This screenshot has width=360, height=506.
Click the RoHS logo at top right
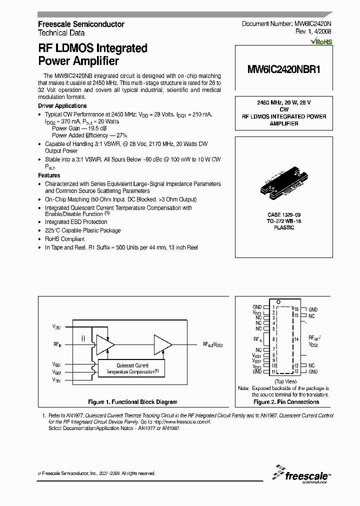pyautogui.click(x=321, y=42)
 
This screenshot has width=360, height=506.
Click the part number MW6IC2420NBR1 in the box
pyautogui.click(x=283, y=70)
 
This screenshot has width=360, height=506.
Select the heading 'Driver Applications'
pyautogui.click(x=62, y=106)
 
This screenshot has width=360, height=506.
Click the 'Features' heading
pyautogui.click(x=49, y=175)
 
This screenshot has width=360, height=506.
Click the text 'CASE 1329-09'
pyautogui.click(x=284, y=215)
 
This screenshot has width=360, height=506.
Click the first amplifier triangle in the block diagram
pyautogui.click(x=105, y=344)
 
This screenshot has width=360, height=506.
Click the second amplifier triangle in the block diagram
pyautogui.click(x=162, y=344)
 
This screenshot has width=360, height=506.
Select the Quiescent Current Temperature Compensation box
pyautogui.click(x=132, y=369)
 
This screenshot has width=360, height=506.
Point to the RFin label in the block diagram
pyautogui.click(x=57, y=344)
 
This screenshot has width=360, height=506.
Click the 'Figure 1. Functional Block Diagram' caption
pyautogui.click(x=132, y=402)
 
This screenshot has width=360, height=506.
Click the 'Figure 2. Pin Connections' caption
pyautogui.click(x=286, y=402)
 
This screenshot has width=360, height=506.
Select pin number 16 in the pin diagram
pyautogui.click(x=296, y=309)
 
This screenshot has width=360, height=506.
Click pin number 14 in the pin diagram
pyautogui.click(x=296, y=339)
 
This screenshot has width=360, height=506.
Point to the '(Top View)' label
pyautogui.click(x=286, y=381)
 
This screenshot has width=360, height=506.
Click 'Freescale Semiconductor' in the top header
pyautogui.click(x=81, y=24)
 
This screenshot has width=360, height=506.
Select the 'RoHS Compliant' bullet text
pyautogui.click(x=65, y=239)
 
